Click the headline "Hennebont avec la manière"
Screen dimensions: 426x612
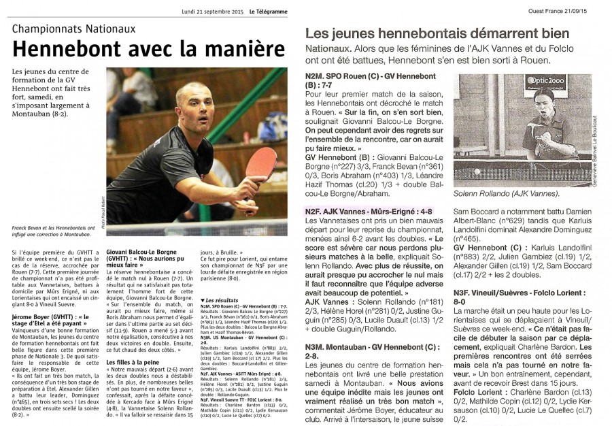pos(148,50)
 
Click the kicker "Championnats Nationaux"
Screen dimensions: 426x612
pos(74,29)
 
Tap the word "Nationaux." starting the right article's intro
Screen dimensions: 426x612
pos(329,50)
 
